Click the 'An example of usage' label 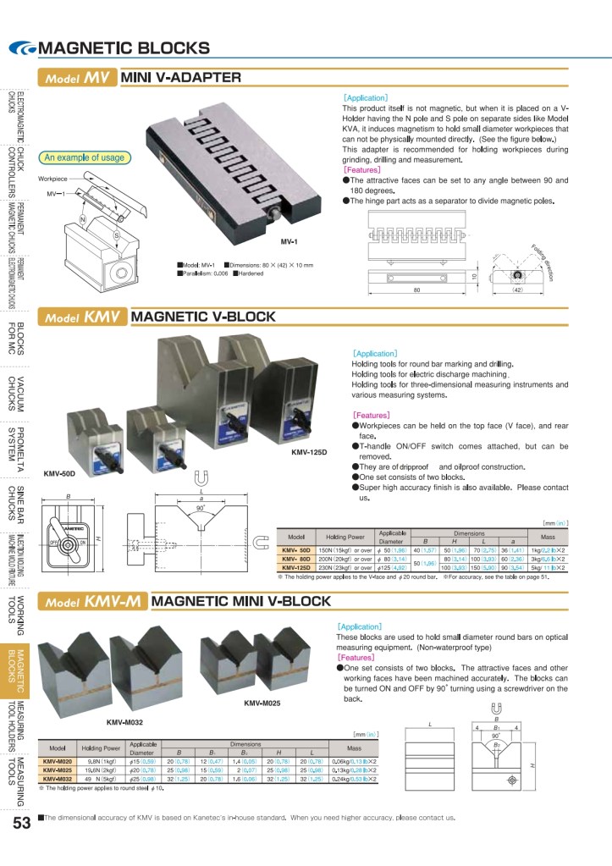click(84, 157)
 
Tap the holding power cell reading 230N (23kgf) click(344, 568)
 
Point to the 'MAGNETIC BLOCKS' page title click(124, 47)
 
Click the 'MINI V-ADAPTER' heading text click(181, 78)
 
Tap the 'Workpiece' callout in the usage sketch click(52, 179)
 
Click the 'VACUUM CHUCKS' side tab click(17, 393)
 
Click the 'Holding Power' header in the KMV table click(344, 537)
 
